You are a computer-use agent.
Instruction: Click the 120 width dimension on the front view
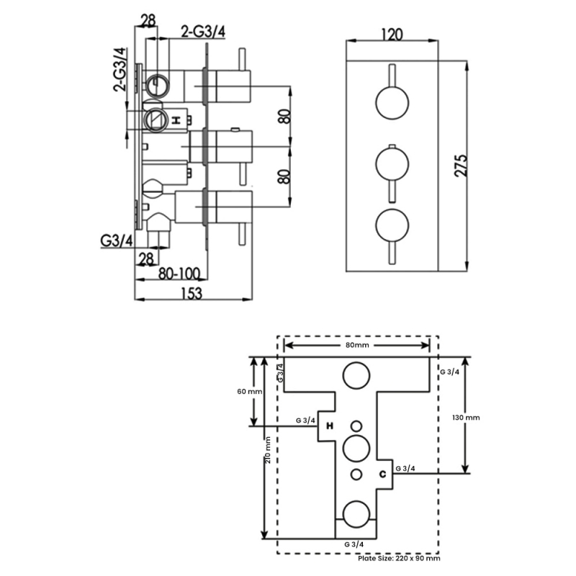point(392,34)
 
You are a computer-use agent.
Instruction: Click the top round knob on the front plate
point(392,102)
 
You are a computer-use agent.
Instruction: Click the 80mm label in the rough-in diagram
point(357,346)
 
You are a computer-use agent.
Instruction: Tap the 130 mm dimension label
point(467,418)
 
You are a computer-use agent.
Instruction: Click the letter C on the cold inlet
point(383,473)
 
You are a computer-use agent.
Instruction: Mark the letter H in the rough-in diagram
point(330,426)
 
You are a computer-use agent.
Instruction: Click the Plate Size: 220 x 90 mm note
point(399,558)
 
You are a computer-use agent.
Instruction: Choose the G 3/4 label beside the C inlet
point(405,468)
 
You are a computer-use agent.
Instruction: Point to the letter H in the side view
point(176,120)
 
